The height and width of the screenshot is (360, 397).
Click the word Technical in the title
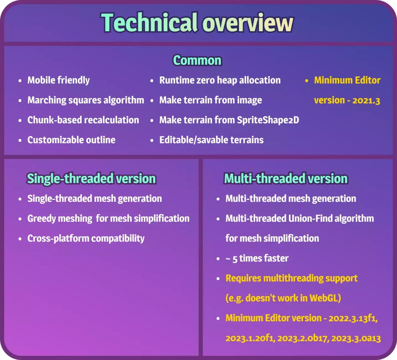149,22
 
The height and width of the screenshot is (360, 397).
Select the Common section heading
197,60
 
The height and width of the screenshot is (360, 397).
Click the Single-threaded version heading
91,178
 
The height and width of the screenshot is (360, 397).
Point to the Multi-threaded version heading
286,178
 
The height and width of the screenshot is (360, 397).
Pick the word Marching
47,100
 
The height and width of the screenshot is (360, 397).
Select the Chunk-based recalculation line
83,120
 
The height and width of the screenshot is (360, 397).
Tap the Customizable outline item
71,140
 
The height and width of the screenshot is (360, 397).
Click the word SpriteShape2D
268,120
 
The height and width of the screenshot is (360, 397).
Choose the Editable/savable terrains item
211,140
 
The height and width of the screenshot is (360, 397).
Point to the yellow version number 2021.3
366,101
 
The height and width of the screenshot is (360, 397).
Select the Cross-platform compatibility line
86,239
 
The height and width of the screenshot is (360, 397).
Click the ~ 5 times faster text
257,258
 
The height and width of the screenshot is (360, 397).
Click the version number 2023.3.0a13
356,338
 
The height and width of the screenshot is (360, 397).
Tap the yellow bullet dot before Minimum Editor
306,81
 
